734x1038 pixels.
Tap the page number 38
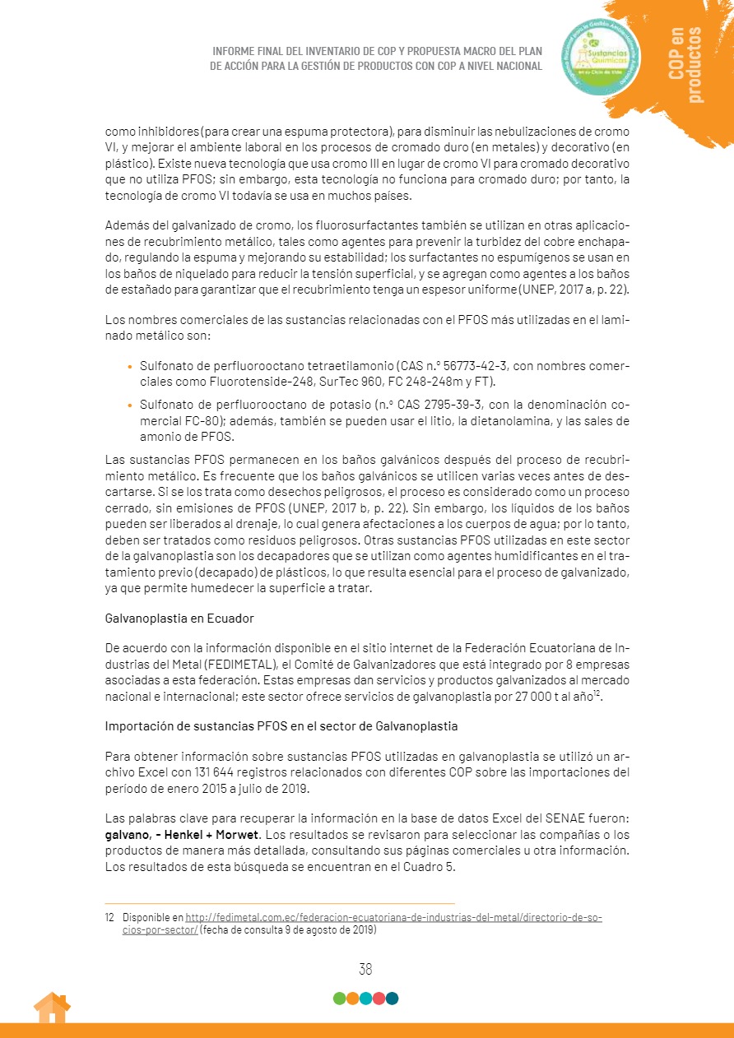click(x=365, y=970)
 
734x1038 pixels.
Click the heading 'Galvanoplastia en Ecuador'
click(x=179, y=618)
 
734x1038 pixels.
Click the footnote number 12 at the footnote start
click(x=110, y=917)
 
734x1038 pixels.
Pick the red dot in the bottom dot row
click(x=379, y=999)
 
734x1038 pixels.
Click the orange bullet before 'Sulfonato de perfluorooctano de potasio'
click(x=129, y=405)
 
